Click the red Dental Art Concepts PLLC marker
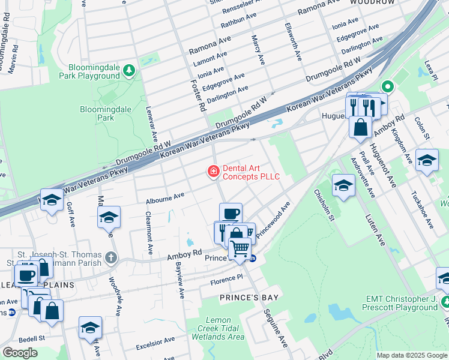click(212, 172)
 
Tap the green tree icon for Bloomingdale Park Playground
click(128, 71)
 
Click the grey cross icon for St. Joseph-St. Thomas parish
click(110, 258)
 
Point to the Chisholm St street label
click(324, 205)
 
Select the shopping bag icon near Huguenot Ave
click(361, 127)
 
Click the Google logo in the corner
click(20, 353)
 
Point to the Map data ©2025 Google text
click(412, 355)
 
